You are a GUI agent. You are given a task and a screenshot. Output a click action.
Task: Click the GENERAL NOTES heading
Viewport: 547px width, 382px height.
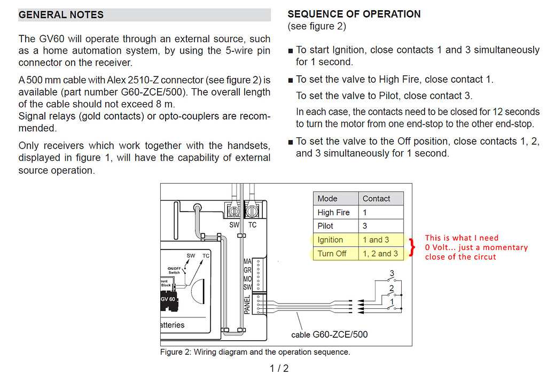click(x=61, y=15)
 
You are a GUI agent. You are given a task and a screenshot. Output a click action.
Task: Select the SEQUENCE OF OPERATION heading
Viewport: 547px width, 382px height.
click(x=354, y=14)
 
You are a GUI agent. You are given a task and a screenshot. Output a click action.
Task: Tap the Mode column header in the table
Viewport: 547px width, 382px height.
click(x=327, y=198)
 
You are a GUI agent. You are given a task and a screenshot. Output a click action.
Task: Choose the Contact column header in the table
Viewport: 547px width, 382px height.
click(x=376, y=198)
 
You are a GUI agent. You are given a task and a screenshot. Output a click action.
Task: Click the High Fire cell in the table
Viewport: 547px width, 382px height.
click(x=333, y=212)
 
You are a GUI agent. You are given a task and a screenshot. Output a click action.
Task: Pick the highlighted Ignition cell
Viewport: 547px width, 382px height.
click(x=330, y=240)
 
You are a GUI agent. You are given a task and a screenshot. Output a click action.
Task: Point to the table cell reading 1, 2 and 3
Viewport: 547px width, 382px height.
click(x=380, y=254)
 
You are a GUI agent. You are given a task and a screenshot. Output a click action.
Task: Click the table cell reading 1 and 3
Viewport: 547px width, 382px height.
click(x=376, y=240)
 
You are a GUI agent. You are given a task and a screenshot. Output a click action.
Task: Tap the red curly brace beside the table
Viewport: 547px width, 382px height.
click(x=412, y=247)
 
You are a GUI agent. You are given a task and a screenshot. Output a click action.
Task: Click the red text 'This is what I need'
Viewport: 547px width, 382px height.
click(x=462, y=238)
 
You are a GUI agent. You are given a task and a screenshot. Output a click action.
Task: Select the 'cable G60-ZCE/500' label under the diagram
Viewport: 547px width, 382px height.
click(x=329, y=335)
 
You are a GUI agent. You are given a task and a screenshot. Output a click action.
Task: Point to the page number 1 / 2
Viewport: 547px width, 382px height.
click(x=279, y=368)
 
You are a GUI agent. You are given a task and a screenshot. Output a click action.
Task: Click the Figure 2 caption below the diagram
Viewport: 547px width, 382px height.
click(x=255, y=352)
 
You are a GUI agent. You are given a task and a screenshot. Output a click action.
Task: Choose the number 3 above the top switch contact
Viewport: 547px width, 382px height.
click(x=392, y=274)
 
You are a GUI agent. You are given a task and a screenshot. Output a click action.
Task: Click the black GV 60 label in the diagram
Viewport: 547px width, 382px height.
click(x=168, y=299)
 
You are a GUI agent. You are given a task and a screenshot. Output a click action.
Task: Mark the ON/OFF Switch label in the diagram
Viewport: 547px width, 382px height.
click(x=174, y=270)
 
